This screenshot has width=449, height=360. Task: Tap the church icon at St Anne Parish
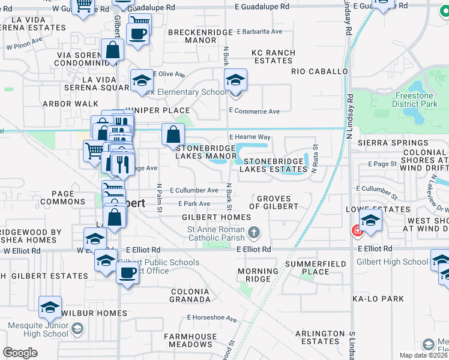click(255, 232)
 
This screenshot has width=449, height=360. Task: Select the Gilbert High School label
click(392, 262)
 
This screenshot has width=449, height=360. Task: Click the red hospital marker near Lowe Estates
click(357, 230)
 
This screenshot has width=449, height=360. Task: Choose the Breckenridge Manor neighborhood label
click(200, 36)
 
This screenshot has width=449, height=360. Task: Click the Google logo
click(20, 352)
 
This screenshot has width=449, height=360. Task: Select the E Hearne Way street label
click(250, 137)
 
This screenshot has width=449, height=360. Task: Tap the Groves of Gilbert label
click(277, 202)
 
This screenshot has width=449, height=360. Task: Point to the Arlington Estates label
click(321, 337)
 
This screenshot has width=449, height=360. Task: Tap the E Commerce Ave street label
click(255, 112)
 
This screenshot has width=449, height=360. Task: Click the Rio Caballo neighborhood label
click(319, 71)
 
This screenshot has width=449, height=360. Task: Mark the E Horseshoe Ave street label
click(212, 318)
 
